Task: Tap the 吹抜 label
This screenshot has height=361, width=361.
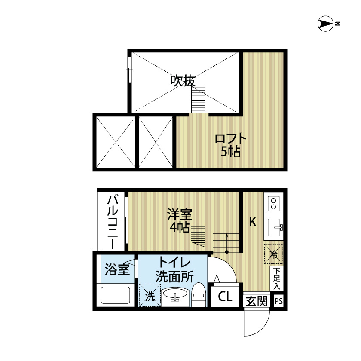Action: pyautogui.click(x=183, y=81)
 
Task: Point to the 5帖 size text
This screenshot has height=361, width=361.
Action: pyautogui.click(x=230, y=151)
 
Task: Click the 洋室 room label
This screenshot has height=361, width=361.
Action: pyautogui.click(x=180, y=214)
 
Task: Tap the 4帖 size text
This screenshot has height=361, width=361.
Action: pyautogui.click(x=180, y=227)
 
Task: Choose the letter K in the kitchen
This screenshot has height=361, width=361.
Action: pyautogui.click(x=253, y=222)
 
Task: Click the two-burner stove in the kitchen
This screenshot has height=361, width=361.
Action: pyautogui.click(x=274, y=204)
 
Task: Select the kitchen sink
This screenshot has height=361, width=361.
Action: pyautogui.click(x=275, y=227)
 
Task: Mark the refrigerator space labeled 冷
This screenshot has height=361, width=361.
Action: pyautogui.click(x=273, y=254)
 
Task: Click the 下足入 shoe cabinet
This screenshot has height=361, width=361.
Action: pyautogui.click(x=277, y=278)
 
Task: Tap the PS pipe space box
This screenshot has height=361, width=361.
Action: pyautogui.click(x=278, y=301)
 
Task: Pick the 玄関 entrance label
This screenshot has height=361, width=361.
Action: pyautogui.click(x=257, y=301)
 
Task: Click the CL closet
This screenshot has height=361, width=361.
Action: pyautogui.click(x=225, y=297)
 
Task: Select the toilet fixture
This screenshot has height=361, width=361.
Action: pyautogui.click(x=199, y=295)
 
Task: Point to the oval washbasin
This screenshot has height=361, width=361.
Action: pyautogui.click(x=175, y=295)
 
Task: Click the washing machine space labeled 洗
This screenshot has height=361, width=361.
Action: pyautogui.click(x=150, y=295)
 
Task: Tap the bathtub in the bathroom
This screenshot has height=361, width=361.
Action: pyautogui.click(x=115, y=295)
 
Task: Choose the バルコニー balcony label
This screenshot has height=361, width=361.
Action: pyautogui.click(x=113, y=221)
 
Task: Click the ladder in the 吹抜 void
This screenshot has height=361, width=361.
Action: pyautogui.click(x=198, y=99)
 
